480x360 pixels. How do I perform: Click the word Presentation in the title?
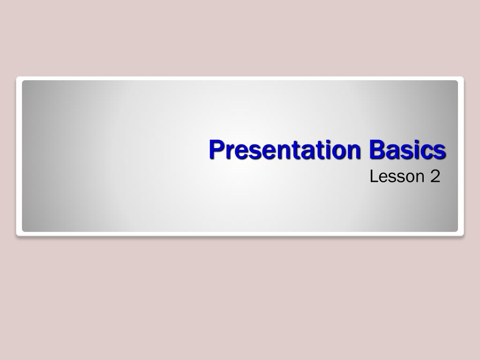pos(285,150)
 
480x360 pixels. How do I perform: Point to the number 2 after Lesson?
pos(435,177)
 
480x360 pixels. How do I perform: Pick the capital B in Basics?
pos(376,150)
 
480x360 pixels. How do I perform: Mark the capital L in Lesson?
pos(374,177)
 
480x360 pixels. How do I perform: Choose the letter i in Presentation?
pos(327,150)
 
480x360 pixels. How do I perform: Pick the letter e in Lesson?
pos(382,178)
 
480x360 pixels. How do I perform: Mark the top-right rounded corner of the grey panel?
pos(456,82)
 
